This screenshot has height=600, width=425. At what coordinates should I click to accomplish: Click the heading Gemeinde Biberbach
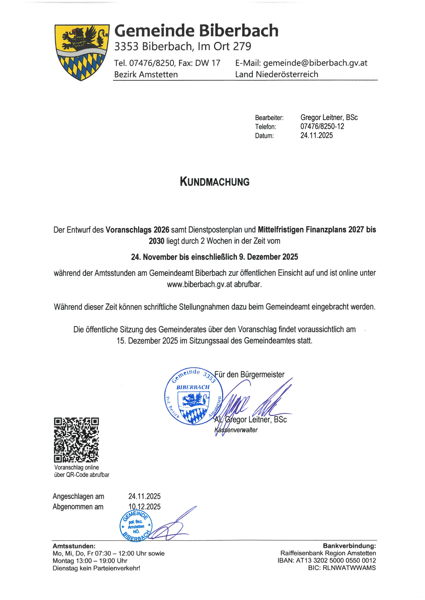tap(196, 31)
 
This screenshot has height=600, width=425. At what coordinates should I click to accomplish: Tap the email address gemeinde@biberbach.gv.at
tap(315, 63)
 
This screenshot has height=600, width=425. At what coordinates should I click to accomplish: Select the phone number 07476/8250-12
tap(322, 127)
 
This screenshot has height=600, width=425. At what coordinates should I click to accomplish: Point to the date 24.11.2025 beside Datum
tap(316, 136)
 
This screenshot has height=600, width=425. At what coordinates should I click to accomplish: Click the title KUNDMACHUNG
tap(215, 182)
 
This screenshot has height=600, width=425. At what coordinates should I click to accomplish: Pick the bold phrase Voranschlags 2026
tap(137, 230)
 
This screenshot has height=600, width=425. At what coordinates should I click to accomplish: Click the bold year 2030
tap(156, 241)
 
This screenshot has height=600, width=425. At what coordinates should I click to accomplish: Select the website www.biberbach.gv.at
tap(199, 284)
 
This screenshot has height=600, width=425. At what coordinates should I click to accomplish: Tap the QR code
tap(76, 440)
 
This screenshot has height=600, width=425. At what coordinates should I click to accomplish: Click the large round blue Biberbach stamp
tap(194, 396)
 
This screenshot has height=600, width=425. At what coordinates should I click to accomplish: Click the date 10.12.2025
tap(144, 507)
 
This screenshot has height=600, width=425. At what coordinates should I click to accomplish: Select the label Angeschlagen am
tap(78, 496)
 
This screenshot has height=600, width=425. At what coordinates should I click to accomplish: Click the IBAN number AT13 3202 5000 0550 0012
tap(336, 561)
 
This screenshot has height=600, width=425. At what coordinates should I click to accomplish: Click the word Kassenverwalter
tap(236, 430)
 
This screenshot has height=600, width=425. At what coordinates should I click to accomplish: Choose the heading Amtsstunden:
tap(74, 546)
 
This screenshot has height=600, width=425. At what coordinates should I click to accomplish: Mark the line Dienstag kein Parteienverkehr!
tap(96, 568)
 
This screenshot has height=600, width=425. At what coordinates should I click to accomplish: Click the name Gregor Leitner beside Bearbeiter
tap(322, 117)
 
